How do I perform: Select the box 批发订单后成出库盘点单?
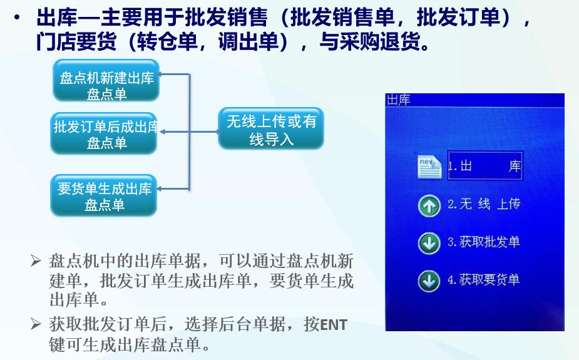(104, 133)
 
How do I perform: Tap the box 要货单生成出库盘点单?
(104, 196)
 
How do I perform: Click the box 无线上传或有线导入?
(270, 129)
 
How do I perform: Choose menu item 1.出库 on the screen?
(484, 167)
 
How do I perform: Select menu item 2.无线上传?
(484, 205)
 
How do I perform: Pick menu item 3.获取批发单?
(484, 242)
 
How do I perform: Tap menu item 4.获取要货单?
(484, 280)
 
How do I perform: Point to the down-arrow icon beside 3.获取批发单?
(429, 244)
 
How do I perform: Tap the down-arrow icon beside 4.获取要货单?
(429, 281)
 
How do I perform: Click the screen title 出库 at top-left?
(398, 100)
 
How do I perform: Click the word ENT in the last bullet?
(333, 326)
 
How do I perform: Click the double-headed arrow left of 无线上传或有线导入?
(188, 131)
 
